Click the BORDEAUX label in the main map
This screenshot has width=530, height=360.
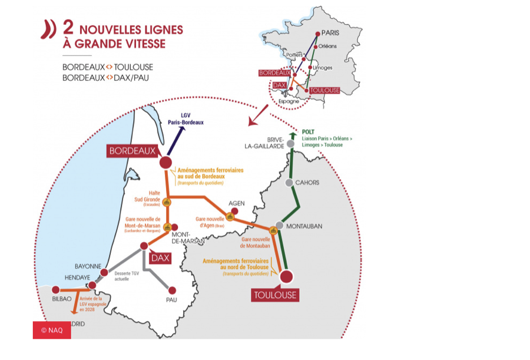(132, 151)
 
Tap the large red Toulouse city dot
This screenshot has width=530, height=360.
(287, 276)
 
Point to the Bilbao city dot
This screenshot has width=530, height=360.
(55, 290)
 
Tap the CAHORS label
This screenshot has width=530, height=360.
(307, 183)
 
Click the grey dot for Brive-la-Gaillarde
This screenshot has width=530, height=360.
(290, 144)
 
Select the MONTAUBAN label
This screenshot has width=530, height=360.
(305, 226)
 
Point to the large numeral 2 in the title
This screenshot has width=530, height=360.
(68, 29)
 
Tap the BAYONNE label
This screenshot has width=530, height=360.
(88, 266)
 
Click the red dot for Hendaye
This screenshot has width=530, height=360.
(92, 286)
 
